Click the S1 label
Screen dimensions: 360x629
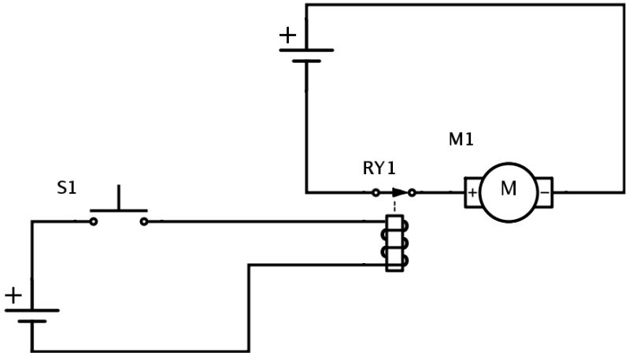pos(67,188)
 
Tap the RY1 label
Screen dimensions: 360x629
pos(379,169)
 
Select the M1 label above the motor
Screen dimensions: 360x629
pos(461,140)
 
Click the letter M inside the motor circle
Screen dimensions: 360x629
pos(509,189)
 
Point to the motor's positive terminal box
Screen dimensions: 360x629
pos(472,192)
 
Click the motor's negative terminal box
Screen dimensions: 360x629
pos(545,192)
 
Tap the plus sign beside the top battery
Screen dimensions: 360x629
pos(288,35)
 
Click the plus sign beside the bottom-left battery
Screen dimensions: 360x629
pos(13,295)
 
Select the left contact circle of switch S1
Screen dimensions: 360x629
pos(93,221)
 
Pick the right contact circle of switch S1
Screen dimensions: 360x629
pos(144,221)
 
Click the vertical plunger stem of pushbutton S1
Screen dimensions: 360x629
pos(119,198)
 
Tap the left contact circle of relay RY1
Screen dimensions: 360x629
pos(376,192)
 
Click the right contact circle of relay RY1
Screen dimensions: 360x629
pos(412,192)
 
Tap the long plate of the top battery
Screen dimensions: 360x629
pos(306,50)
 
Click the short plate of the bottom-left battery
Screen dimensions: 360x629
pos(31,321)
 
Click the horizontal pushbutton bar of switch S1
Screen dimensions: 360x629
pos(119,211)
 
